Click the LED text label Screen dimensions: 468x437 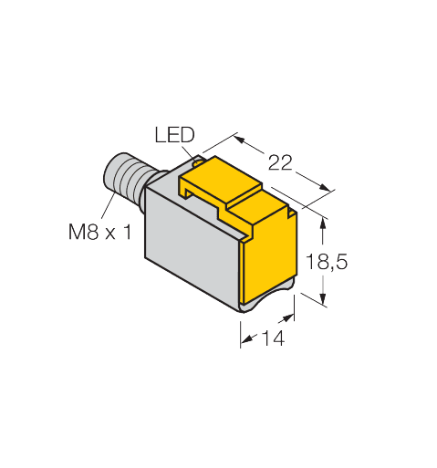click(173, 136)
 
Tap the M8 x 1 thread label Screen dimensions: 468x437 click(99, 232)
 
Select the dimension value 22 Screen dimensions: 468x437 click(277, 162)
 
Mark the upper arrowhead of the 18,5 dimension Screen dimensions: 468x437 click(323, 216)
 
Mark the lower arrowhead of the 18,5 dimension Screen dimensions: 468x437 click(323, 298)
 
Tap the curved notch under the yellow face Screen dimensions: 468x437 click(265, 307)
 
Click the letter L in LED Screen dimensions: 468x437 click(160, 136)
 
